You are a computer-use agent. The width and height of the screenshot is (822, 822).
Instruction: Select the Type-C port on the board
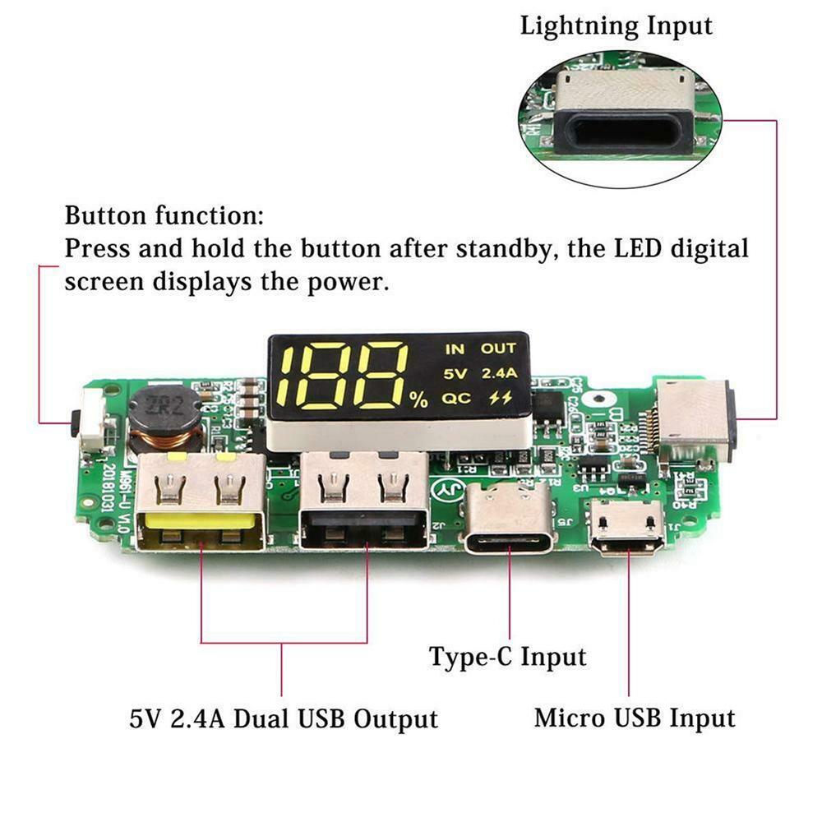(509, 518)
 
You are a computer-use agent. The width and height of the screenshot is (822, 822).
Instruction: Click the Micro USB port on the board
(631, 526)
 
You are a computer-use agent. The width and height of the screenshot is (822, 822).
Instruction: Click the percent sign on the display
(419, 400)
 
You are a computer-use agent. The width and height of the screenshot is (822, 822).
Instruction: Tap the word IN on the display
(455, 349)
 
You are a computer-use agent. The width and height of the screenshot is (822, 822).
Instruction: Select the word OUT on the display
(498, 349)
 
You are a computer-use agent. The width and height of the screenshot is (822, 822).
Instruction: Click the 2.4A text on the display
(499, 374)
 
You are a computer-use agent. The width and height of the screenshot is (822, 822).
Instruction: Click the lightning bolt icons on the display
(498, 399)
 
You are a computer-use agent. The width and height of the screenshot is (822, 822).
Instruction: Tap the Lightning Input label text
(616, 25)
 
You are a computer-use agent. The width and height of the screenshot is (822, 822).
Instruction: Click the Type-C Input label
(508, 657)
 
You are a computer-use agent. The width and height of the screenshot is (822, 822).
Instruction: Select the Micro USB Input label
(635, 718)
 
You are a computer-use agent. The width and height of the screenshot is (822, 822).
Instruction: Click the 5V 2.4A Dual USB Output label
(284, 719)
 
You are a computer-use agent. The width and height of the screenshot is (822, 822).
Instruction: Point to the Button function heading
(164, 217)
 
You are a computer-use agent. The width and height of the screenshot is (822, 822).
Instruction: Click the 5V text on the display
(455, 374)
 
